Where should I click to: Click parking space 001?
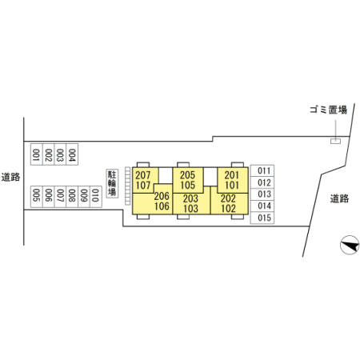tap(37, 154)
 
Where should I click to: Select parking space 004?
tap(72, 154)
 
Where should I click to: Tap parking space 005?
tap(37, 197)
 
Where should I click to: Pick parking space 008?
tap(72, 197)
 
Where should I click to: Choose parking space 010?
tap(96, 197)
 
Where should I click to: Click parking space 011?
tap(262, 170)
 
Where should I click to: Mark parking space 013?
tap(262, 194)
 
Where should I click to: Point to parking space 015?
tap(262, 218)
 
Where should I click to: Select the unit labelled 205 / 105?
tap(188, 180)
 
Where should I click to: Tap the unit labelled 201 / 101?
tap(233, 180)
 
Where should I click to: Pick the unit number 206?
tap(162, 196)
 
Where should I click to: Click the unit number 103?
tap(190, 209)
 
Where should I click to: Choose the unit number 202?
tap(228, 198)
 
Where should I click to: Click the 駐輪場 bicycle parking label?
tap(112, 183)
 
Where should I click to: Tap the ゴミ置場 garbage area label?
tap(328, 110)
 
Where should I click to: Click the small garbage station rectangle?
tap(335, 141)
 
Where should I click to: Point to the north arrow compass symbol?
tap(350, 245)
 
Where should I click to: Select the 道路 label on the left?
tap(10, 177)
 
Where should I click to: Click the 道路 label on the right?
tap(339, 198)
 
